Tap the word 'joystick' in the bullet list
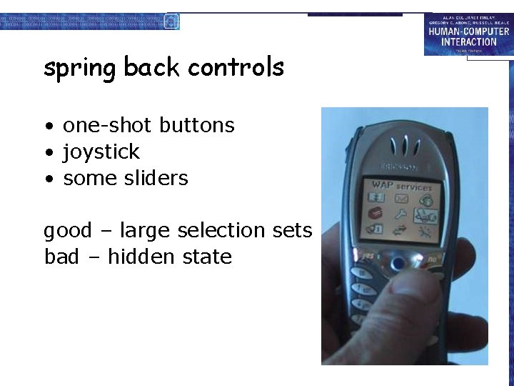click(x=101, y=152)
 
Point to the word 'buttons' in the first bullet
click(x=197, y=125)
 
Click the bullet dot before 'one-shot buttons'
click(x=49, y=127)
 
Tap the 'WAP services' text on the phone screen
click(x=400, y=185)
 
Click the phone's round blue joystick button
click(x=398, y=264)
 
